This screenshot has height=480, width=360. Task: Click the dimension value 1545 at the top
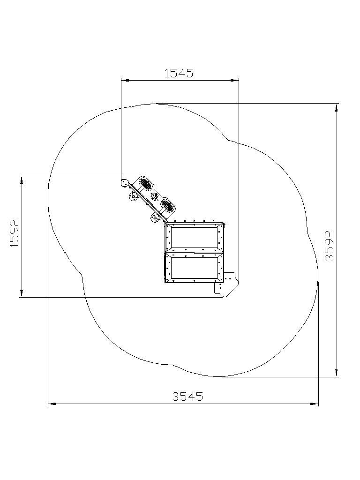click(x=179, y=73)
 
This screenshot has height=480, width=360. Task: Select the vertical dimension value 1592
click(x=15, y=233)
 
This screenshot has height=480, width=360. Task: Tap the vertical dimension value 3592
click(x=329, y=246)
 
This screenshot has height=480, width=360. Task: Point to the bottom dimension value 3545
click(x=187, y=397)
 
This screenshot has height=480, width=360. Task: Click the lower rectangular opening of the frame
click(x=195, y=268)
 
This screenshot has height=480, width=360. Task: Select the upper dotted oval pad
click(x=145, y=184)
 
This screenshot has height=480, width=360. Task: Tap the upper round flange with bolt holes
click(x=134, y=197)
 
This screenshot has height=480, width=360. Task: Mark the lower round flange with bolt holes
click(x=155, y=218)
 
